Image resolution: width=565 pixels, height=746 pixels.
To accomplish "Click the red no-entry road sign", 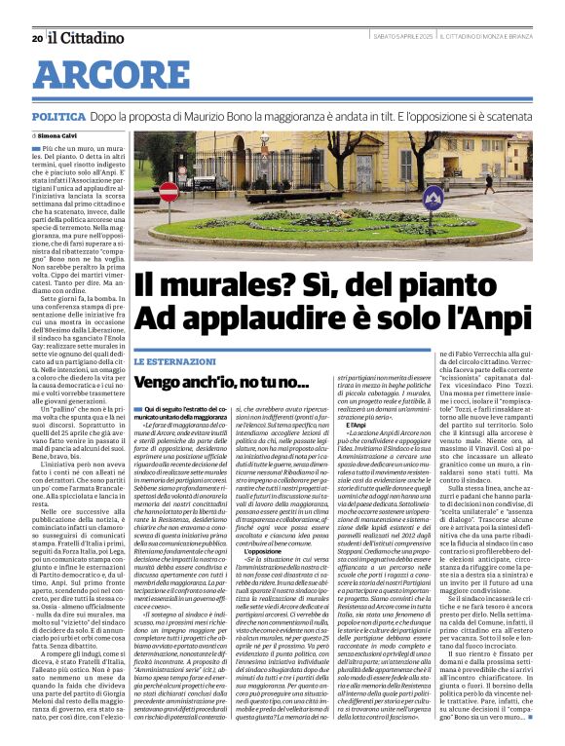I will [x=169, y=191].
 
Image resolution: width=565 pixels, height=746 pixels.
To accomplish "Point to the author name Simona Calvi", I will [x=61, y=136].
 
